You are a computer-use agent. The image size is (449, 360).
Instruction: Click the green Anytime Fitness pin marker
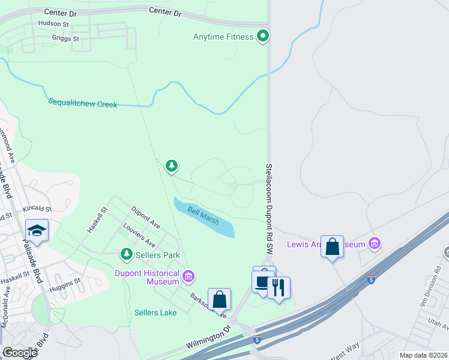coord(262,37)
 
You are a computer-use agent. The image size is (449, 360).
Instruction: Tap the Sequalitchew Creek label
coord(82,104)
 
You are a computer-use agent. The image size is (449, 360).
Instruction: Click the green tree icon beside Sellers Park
coord(127,255)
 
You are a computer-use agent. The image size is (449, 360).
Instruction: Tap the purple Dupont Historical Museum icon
coord(188,276)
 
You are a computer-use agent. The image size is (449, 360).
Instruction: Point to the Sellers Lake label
coord(155,313)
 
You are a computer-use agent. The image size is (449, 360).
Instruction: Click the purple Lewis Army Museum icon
coord(375,244)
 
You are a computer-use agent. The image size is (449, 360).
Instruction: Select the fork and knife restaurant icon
coord(279,287)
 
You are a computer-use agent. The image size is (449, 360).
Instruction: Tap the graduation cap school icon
coord(37,231)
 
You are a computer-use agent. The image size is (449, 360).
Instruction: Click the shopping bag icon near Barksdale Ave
coord(220,299)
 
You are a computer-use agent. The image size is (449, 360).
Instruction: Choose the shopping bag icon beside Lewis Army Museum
coord(333,247)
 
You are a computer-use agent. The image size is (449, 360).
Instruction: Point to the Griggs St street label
coord(67,38)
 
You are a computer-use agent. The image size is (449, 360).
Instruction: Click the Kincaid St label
coord(37,209)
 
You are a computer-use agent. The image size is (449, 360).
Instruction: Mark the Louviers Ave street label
coord(139,236)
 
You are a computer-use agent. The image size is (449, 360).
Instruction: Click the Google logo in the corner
coord(20,353)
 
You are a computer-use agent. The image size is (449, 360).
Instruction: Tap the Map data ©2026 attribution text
coord(423,355)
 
